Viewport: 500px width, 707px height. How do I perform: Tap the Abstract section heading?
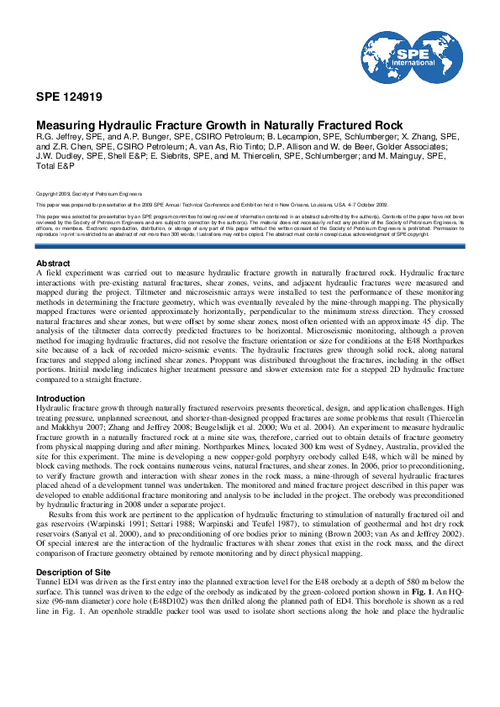54,264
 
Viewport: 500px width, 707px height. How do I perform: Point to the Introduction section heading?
61,399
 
